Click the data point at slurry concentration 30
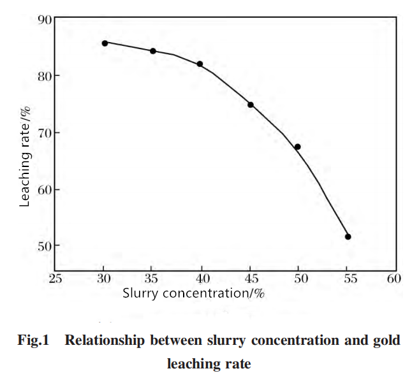pos(105,43)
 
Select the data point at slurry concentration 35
pos(153,51)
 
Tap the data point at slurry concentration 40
pos(200,64)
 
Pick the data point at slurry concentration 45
pos(251,105)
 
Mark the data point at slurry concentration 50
pos(297,147)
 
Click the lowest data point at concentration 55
pos(348,237)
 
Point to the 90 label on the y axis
pos(45,19)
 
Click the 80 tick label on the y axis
pos(45,76)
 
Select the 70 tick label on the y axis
pos(45,134)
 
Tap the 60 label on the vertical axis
pos(45,190)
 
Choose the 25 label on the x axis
pos(55,279)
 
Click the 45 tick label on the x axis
pos(251,279)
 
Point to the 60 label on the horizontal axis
pos(394,279)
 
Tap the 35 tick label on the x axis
pos(151,279)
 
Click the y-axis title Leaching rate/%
pos(25,157)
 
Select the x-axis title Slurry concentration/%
pos(193,294)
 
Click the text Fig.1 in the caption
pos(33,340)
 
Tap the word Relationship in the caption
pos(105,340)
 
